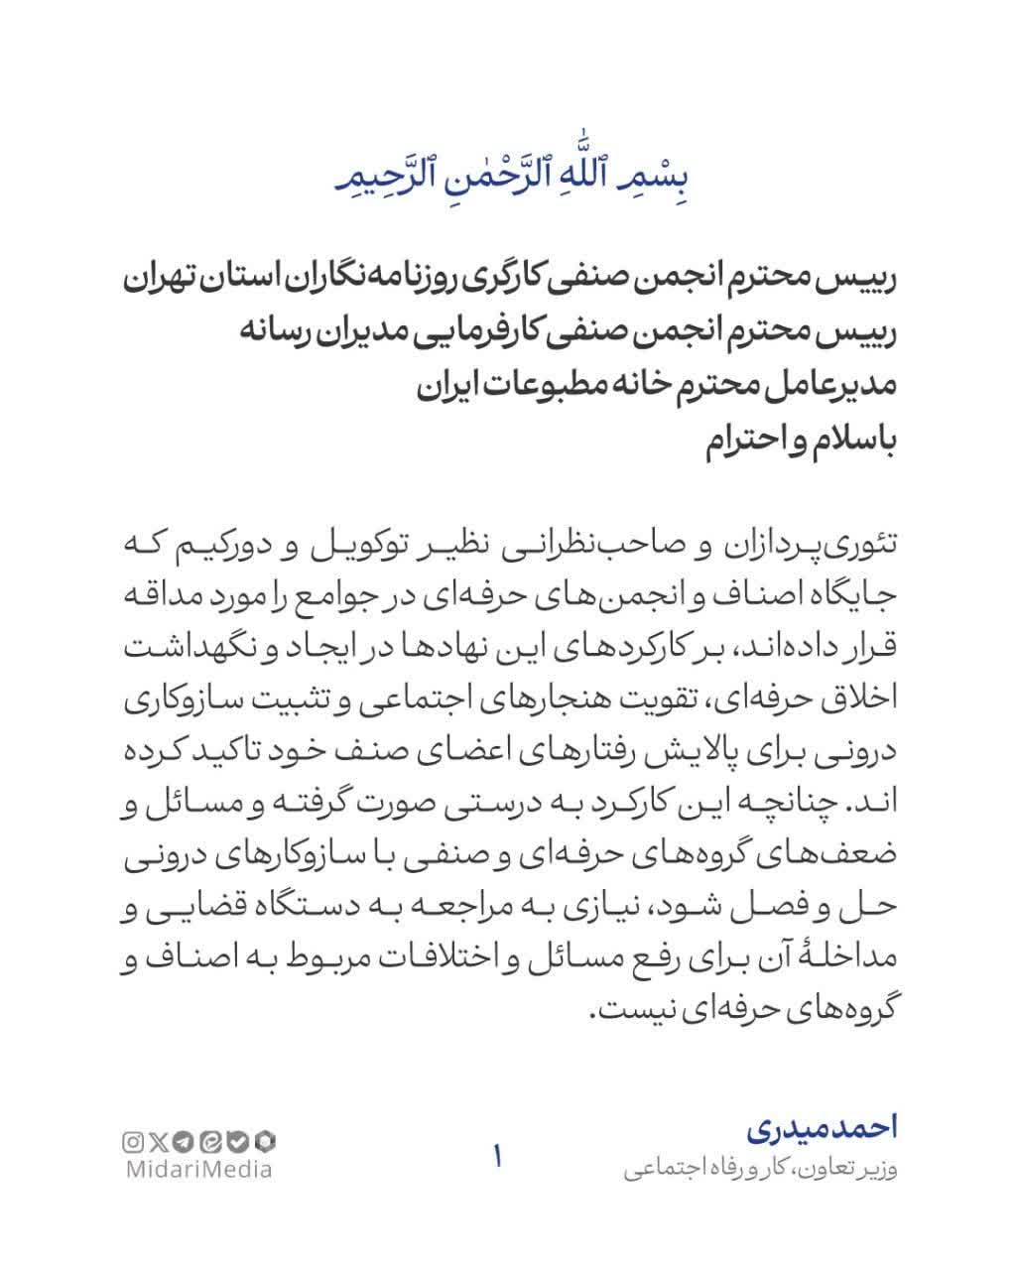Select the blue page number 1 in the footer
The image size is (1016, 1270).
[497, 1156]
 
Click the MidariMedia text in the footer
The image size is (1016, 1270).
[199, 1170]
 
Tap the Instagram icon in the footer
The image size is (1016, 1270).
[132, 1142]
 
